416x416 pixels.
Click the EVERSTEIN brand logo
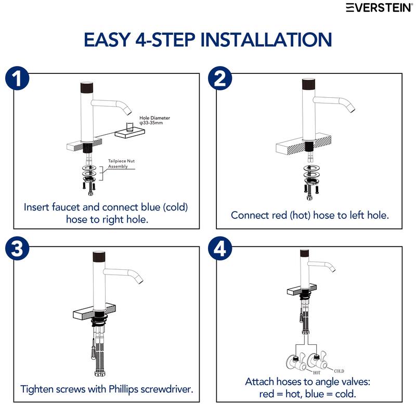[380, 8]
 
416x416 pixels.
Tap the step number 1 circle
[17, 79]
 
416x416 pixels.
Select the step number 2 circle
[220, 79]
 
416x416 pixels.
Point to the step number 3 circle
[17, 249]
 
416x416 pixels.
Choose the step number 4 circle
[220, 249]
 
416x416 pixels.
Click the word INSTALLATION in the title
[266, 40]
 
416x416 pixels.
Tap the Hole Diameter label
[154, 120]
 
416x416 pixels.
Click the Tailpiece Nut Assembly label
[121, 164]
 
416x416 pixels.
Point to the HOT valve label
[317, 373]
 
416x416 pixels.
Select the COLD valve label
[339, 371]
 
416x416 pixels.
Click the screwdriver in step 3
[93, 349]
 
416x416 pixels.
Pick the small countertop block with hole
[129, 132]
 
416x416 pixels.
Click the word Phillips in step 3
[124, 389]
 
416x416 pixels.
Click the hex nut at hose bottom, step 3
[99, 373]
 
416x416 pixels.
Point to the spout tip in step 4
[332, 268]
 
